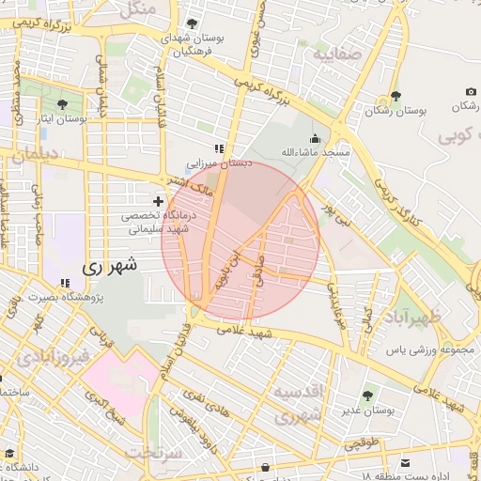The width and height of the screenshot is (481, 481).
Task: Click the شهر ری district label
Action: pos(109,266)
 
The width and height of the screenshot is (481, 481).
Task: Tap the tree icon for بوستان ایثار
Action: pos(63,104)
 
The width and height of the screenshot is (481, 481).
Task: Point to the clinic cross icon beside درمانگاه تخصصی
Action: pos(158,200)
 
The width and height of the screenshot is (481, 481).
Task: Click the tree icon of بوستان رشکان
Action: pos(396,96)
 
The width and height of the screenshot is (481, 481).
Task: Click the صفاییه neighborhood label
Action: pos(336,54)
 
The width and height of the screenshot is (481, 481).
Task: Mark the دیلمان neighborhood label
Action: pos(36,155)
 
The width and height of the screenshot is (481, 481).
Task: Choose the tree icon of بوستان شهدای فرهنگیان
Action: pos(193,23)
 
